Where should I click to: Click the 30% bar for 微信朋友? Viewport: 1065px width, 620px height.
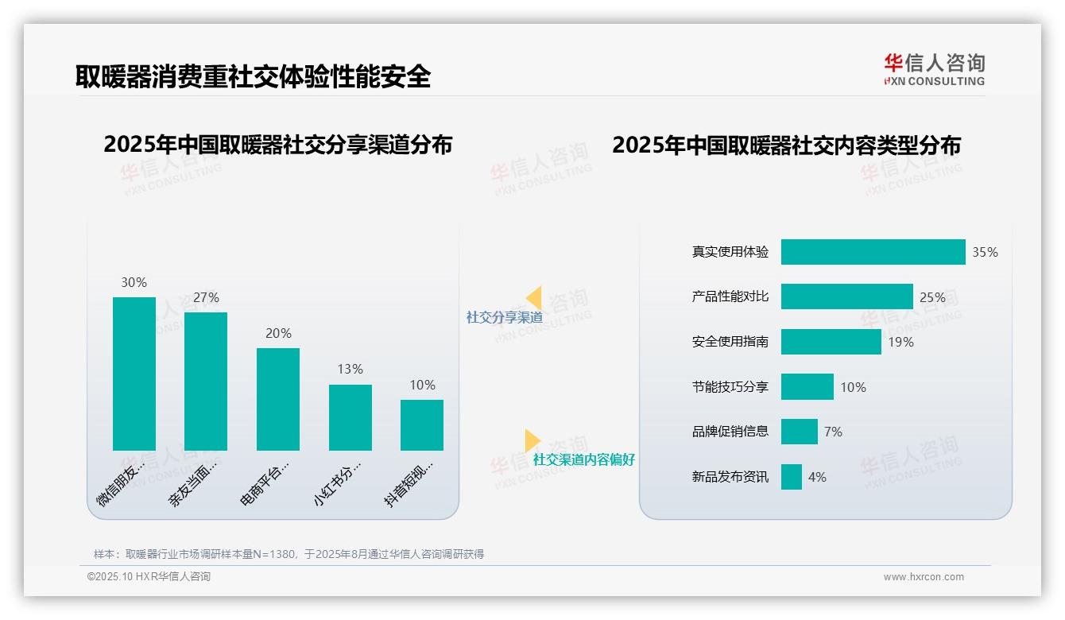(x=134, y=374)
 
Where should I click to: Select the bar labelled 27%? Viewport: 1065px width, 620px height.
(x=206, y=382)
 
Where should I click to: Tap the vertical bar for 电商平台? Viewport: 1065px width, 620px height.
(x=278, y=399)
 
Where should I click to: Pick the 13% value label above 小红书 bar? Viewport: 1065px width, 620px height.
(x=350, y=369)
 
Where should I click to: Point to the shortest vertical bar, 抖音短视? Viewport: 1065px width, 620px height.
(x=422, y=424)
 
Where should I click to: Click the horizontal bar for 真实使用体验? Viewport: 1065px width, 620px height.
(x=873, y=252)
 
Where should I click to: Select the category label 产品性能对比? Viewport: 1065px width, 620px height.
(x=730, y=296)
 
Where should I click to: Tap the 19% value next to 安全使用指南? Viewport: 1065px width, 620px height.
(x=900, y=342)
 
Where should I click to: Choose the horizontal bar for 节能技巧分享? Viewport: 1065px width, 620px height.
(x=807, y=387)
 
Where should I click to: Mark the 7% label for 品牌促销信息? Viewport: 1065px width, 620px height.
(x=833, y=432)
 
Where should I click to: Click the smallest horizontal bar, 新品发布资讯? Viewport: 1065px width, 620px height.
(x=791, y=477)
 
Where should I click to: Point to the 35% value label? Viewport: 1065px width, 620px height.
(x=985, y=252)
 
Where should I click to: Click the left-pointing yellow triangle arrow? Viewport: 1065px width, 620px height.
(x=534, y=297)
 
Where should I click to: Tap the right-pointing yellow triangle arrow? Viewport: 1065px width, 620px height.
(x=532, y=440)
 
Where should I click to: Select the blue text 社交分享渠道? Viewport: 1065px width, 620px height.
(x=504, y=317)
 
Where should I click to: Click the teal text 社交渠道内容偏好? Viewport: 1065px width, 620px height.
(x=584, y=459)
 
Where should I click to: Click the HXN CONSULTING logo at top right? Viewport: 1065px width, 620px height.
(x=934, y=70)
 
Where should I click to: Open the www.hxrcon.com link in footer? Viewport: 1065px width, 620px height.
(x=924, y=577)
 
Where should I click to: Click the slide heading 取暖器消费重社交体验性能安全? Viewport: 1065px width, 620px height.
(x=253, y=76)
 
